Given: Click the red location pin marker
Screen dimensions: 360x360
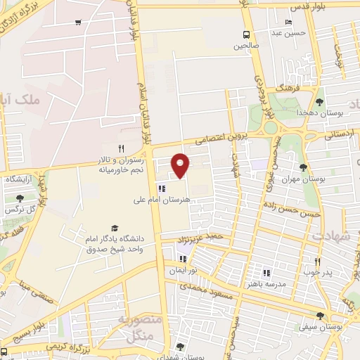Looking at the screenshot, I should click(x=181, y=166).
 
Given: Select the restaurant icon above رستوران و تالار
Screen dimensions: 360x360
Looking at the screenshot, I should click(x=121, y=148).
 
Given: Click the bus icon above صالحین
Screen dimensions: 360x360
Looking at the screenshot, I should click(x=246, y=34).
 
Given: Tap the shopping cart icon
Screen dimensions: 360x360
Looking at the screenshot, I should click(x=77, y=21).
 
